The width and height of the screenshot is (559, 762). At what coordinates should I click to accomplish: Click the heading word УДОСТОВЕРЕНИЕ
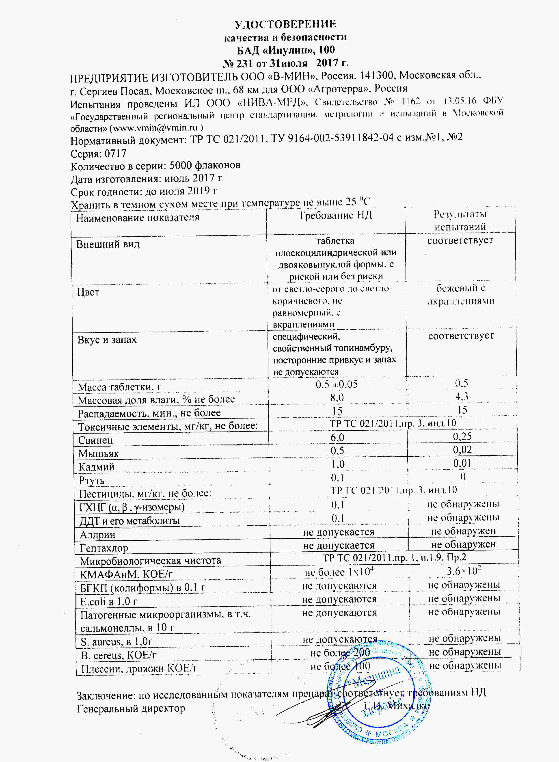(286, 24)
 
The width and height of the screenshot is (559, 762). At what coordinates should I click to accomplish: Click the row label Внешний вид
(108, 244)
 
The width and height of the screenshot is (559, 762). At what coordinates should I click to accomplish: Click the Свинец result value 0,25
(462, 436)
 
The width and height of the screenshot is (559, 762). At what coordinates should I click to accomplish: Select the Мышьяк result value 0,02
(462, 450)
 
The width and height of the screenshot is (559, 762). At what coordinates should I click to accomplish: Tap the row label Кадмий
(96, 467)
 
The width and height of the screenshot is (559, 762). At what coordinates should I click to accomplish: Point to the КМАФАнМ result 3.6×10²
(464, 571)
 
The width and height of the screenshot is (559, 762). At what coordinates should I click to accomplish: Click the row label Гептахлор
(104, 548)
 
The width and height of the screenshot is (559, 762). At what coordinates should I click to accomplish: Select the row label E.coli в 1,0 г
(109, 601)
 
